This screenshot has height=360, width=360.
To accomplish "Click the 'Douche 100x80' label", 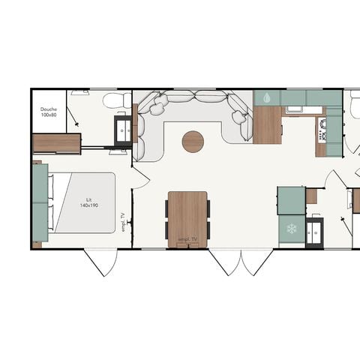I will click(x=49, y=112).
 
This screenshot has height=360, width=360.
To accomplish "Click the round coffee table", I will click(x=193, y=141).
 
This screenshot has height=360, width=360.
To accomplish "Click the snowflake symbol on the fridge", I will click(x=291, y=229).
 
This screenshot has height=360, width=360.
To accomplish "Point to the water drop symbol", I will click(x=267, y=97).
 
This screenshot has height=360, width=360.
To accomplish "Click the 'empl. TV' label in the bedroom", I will click(x=123, y=222).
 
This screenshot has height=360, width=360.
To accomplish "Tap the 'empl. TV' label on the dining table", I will click(x=187, y=240).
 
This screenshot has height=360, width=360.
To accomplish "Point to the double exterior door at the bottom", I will click(x=241, y=262).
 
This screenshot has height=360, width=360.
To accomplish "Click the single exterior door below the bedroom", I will click(x=101, y=262).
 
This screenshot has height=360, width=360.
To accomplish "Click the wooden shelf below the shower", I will click(x=56, y=142).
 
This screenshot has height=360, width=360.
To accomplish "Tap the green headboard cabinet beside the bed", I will click(x=40, y=202).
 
